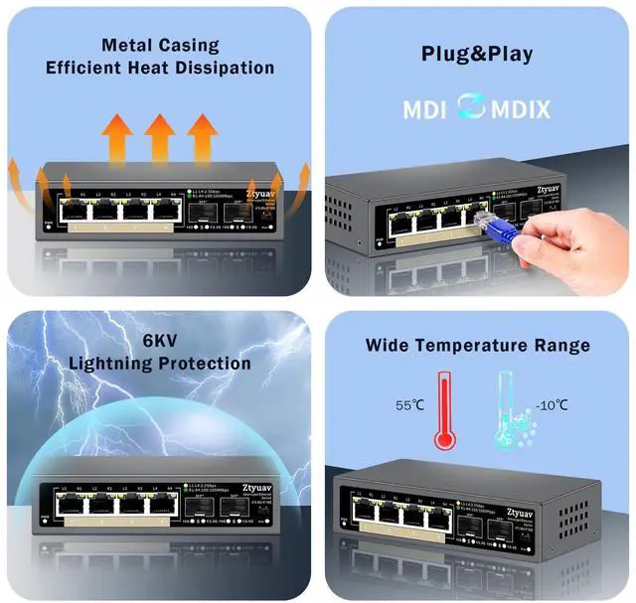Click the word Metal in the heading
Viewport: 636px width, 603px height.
tap(126, 46)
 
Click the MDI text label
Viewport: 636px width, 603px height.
tap(425, 108)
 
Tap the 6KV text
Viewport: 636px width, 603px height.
tap(161, 339)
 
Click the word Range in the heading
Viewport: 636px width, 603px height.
tap(560, 346)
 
